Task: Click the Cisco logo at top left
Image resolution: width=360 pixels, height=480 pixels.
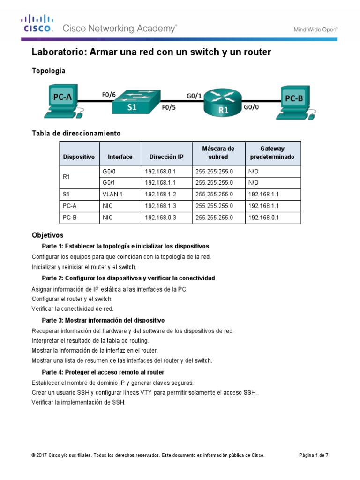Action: (x=37, y=23)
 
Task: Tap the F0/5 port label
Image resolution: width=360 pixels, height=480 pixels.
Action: (x=169, y=107)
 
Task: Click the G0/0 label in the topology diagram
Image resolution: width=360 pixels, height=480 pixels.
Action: (x=251, y=107)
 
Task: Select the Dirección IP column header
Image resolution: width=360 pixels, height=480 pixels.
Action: (x=166, y=157)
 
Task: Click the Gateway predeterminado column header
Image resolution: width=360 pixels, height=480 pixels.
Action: (x=272, y=153)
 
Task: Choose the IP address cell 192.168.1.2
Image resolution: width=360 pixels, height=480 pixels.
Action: (x=161, y=194)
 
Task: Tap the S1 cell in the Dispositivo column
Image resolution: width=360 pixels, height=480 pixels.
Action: (x=66, y=194)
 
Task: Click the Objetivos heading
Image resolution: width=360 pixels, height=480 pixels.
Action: (x=47, y=235)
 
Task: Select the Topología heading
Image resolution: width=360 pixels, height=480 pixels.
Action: (x=48, y=71)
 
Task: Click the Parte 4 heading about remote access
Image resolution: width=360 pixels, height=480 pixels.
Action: (x=103, y=372)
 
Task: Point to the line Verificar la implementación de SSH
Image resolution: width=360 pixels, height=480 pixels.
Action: (x=79, y=402)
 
